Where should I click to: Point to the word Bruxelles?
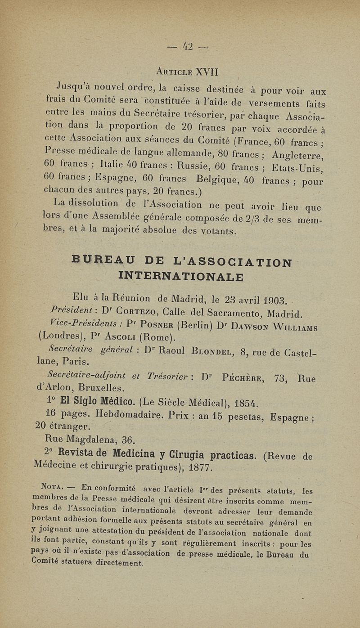click(102, 388)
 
